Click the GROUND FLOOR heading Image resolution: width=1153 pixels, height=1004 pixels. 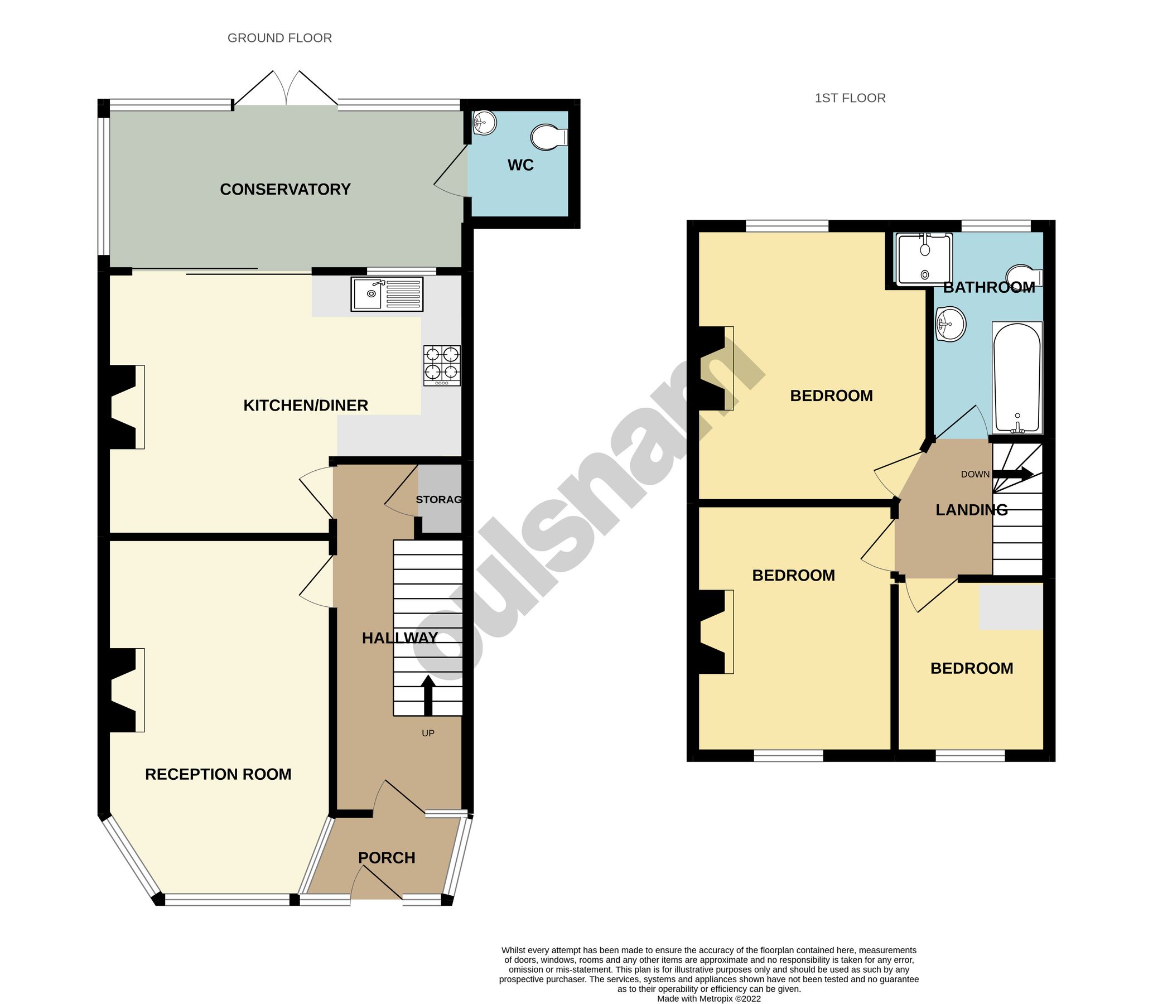[x=279, y=38]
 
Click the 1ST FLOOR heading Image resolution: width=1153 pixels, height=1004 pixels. [x=850, y=98]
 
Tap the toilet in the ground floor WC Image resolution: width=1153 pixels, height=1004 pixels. [x=548, y=137]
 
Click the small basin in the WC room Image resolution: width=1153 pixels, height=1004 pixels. [x=484, y=123]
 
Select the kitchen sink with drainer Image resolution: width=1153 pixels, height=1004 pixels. [x=387, y=294]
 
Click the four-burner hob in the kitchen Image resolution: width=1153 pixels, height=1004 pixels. [x=442, y=365]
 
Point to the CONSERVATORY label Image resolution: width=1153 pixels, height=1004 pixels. [x=285, y=190]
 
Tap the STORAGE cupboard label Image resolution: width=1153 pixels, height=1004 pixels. [x=438, y=499]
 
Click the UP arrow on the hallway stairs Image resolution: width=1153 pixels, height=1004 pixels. [x=428, y=695]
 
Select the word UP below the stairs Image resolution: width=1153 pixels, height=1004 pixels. [x=428, y=733]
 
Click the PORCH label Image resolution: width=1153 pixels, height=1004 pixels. [x=387, y=858]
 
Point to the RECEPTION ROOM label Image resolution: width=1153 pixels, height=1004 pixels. [x=218, y=774]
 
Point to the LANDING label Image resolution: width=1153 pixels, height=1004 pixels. [x=972, y=510]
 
